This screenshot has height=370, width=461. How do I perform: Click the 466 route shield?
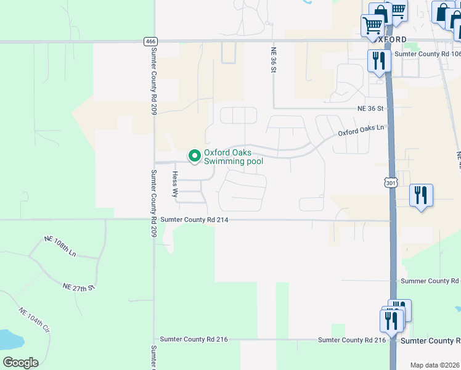pyautogui.click(x=150, y=41)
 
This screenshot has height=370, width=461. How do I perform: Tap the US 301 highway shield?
pyautogui.click(x=390, y=183)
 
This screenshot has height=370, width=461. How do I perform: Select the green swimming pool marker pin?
pyautogui.click(x=195, y=157)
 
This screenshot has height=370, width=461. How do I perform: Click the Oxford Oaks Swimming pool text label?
pyautogui.click(x=234, y=157)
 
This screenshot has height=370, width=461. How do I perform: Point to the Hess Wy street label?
pyautogui.click(x=175, y=184)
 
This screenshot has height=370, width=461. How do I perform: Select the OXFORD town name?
pyautogui.click(x=389, y=39)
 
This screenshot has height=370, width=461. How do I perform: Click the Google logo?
pyautogui.click(x=20, y=362)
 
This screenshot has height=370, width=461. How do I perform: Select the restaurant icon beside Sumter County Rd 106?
pyautogui.click(x=378, y=61)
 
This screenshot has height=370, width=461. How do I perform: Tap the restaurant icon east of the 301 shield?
pyautogui.click(x=421, y=195)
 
